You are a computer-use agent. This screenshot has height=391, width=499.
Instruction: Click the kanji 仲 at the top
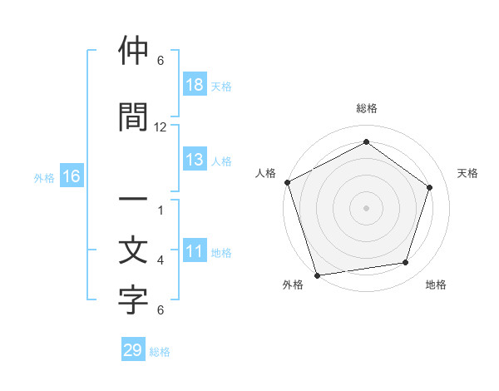[x=133, y=52]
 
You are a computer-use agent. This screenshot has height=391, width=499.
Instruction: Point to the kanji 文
[x=133, y=251]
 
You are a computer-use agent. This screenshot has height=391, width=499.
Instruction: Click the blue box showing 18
[x=194, y=86]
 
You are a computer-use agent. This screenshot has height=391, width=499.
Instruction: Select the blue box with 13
[x=194, y=161]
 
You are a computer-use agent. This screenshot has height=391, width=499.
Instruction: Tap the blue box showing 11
[x=194, y=252]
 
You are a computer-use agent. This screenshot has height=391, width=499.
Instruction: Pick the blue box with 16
[x=72, y=176]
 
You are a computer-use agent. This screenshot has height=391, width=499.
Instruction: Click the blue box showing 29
[x=133, y=350]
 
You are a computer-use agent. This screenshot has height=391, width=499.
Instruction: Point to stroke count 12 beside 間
[x=161, y=127]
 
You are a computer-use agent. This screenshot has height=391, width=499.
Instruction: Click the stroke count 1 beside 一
[x=161, y=210]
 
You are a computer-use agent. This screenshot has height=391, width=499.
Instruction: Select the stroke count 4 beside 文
[x=161, y=260]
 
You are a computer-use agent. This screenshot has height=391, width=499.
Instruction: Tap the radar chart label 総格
[x=366, y=108]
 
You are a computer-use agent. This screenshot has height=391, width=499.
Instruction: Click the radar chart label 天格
[x=468, y=173]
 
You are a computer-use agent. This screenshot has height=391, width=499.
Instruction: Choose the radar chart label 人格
[x=266, y=173]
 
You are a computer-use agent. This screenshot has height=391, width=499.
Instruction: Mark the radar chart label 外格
[x=293, y=285]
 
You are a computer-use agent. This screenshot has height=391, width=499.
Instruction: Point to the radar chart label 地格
[x=436, y=285]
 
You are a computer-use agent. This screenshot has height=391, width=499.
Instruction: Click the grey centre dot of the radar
[x=366, y=207]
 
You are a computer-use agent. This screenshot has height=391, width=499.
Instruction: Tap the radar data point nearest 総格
[x=366, y=141]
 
